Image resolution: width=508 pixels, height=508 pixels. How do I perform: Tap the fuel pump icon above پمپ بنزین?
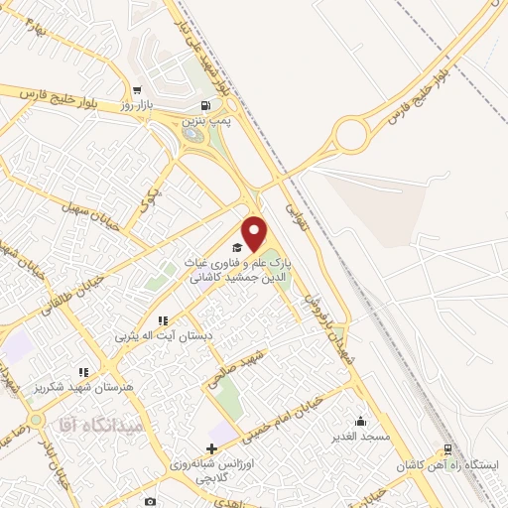[x=205, y=106]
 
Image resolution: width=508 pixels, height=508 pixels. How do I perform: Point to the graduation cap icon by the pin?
[x=236, y=246]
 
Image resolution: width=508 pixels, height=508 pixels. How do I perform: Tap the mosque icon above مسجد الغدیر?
[x=359, y=421]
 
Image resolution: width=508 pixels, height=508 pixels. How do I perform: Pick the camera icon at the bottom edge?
[x=151, y=502]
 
